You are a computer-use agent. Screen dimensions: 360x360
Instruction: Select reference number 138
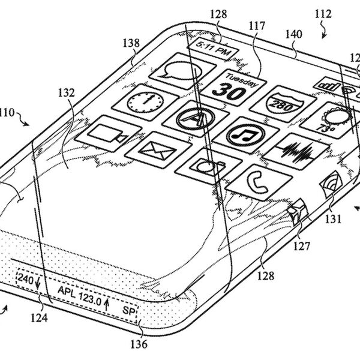coord(133,43)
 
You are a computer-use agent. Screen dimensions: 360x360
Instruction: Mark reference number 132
coord(67,93)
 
